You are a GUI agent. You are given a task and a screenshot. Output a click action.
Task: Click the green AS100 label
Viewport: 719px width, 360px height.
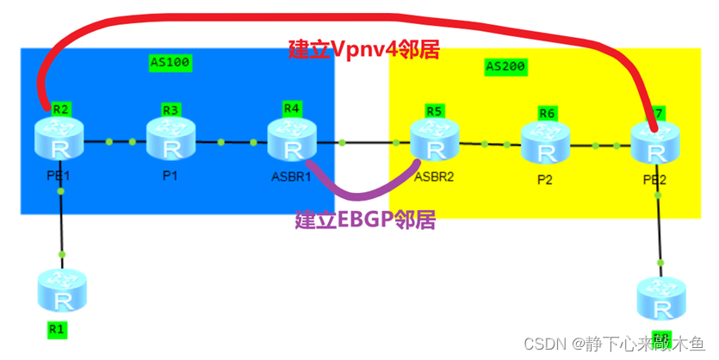click(x=170, y=62)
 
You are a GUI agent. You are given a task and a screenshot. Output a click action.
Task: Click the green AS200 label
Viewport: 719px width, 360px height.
click(x=505, y=65)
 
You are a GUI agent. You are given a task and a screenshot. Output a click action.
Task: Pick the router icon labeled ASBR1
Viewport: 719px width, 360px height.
click(x=293, y=140)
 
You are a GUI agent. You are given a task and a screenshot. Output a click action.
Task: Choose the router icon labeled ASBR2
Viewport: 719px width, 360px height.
click(x=435, y=142)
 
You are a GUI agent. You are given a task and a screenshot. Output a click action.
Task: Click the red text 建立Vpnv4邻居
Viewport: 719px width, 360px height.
click(x=364, y=50)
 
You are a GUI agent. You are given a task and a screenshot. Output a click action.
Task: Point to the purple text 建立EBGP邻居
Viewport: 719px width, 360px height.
click(x=365, y=220)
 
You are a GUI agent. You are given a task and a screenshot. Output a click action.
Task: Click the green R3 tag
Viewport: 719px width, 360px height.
click(x=171, y=109)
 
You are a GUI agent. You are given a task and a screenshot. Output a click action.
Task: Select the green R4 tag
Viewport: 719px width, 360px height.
click(x=292, y=108)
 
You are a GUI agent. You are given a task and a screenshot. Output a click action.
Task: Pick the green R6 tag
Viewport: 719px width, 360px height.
click(x=547, y=113)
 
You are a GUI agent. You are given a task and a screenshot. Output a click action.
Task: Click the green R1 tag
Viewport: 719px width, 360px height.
click(x=57, y=329)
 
